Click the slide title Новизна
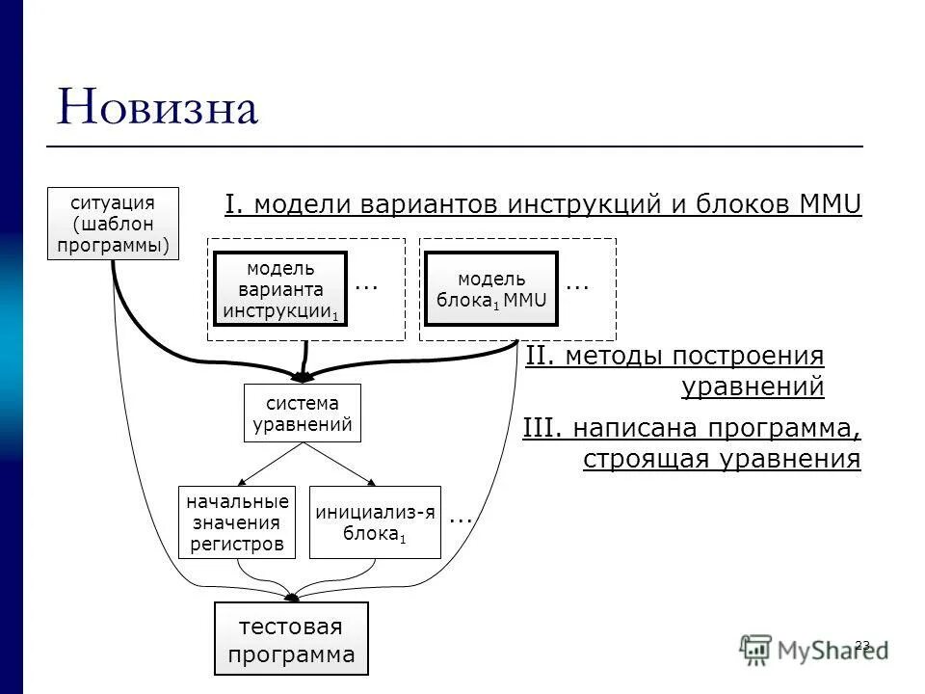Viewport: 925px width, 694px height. click(158, 107)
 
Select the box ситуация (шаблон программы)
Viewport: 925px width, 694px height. click(113, 224)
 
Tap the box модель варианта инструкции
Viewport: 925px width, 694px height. click(280, 289)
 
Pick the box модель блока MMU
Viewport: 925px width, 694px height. click(491, 289)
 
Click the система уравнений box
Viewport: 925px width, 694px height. click(302, 413)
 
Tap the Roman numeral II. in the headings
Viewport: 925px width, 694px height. click(542, 357)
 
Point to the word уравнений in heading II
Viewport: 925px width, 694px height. click(753, 387)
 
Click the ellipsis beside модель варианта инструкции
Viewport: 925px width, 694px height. click(366, 284)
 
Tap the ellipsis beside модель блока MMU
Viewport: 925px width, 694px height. click(576, 284)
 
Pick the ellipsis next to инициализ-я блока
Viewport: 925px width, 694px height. click(461, 518)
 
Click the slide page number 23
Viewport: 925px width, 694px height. click(862, 644)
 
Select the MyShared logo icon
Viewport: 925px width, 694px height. click(756, 649)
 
